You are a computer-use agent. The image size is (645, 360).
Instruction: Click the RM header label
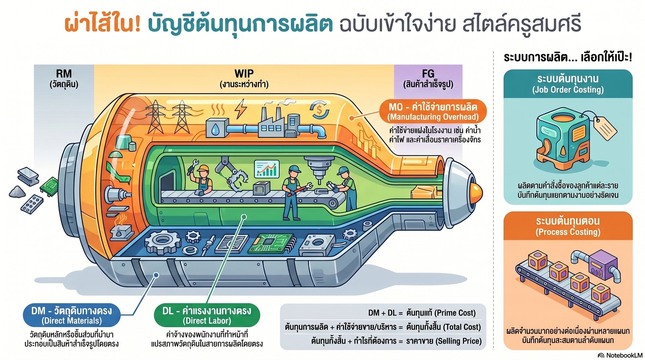64,78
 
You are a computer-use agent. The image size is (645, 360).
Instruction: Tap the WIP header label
244,78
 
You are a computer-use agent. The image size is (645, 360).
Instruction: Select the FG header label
428,78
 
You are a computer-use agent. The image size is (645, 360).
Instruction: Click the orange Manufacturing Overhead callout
433,111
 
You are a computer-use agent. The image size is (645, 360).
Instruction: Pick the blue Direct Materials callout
71,315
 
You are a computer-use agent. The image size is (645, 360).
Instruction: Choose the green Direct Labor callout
207,315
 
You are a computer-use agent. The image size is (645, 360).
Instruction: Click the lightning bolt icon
240,108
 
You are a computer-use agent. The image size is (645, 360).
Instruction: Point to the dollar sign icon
319,109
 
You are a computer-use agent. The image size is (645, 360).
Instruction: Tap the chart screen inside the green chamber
267,169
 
